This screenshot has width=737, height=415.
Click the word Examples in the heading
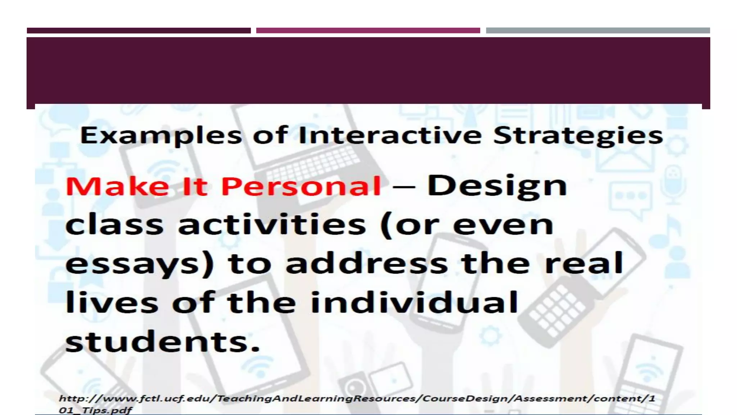[160, 136]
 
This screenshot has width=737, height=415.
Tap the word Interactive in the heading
[390, 135]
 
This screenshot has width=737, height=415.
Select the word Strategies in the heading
[578, 136]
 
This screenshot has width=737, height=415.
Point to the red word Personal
[301, 187]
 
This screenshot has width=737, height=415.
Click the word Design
[497, 187]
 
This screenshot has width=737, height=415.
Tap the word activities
[272, 225]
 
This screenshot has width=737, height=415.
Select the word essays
[140, 264]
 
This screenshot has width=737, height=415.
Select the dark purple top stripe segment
[139, 31]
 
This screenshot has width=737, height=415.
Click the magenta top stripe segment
[368, 31]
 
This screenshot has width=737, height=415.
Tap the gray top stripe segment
[598, 31]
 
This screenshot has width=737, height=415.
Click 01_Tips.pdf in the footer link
[95, 410]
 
